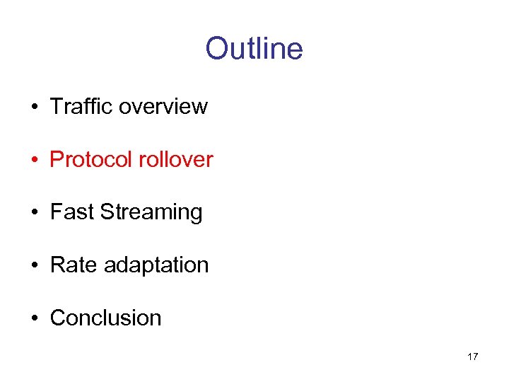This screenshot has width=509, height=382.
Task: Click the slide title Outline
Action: (254, 49)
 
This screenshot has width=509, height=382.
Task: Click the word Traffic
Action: (81, 106)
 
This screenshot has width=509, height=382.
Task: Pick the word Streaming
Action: (151, 213)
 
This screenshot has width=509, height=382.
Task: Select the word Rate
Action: (74, 265)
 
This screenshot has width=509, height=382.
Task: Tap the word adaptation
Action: (156, 266)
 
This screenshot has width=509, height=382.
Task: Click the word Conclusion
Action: (105, 318)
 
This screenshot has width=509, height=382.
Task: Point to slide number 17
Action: (472, 357)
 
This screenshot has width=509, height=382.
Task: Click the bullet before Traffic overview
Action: (34, 108)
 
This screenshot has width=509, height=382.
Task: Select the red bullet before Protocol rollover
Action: (34, 161)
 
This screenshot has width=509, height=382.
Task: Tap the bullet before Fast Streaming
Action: (34, 213)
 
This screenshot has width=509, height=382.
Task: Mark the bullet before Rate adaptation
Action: (34, 266)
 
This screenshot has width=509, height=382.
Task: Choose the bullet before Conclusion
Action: (34, 319)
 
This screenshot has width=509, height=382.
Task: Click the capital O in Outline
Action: (216, 49)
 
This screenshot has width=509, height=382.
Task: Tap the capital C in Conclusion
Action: (57, 318)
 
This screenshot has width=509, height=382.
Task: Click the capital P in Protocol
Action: (57, 159)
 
